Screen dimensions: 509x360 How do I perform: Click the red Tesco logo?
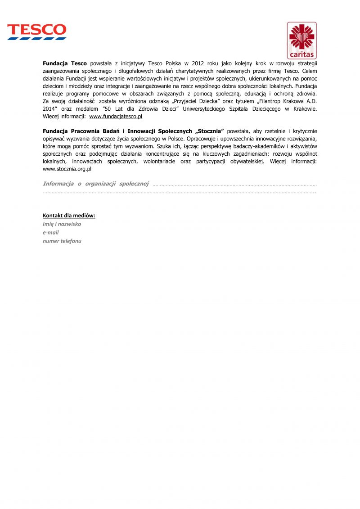(x=36, y=32)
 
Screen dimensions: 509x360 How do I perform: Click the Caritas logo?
(x=301, y=41)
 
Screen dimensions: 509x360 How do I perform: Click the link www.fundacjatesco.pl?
(x=116, y=117)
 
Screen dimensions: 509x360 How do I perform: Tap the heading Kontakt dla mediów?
(x=69, y=216)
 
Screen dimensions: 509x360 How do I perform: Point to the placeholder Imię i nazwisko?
(x=62, y=224)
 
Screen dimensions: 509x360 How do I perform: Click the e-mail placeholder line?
(x=50, y=233)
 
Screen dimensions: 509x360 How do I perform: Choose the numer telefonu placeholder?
(x=62, y=241)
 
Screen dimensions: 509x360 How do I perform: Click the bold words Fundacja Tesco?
(x=65, y=63)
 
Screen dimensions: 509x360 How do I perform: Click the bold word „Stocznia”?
(x=207, y=131)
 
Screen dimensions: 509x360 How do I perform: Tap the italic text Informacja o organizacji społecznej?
(x=95, y=184)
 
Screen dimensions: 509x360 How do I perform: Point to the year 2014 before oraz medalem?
(x=49, y=109)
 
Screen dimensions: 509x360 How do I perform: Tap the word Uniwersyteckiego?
(x=204, y=109)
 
